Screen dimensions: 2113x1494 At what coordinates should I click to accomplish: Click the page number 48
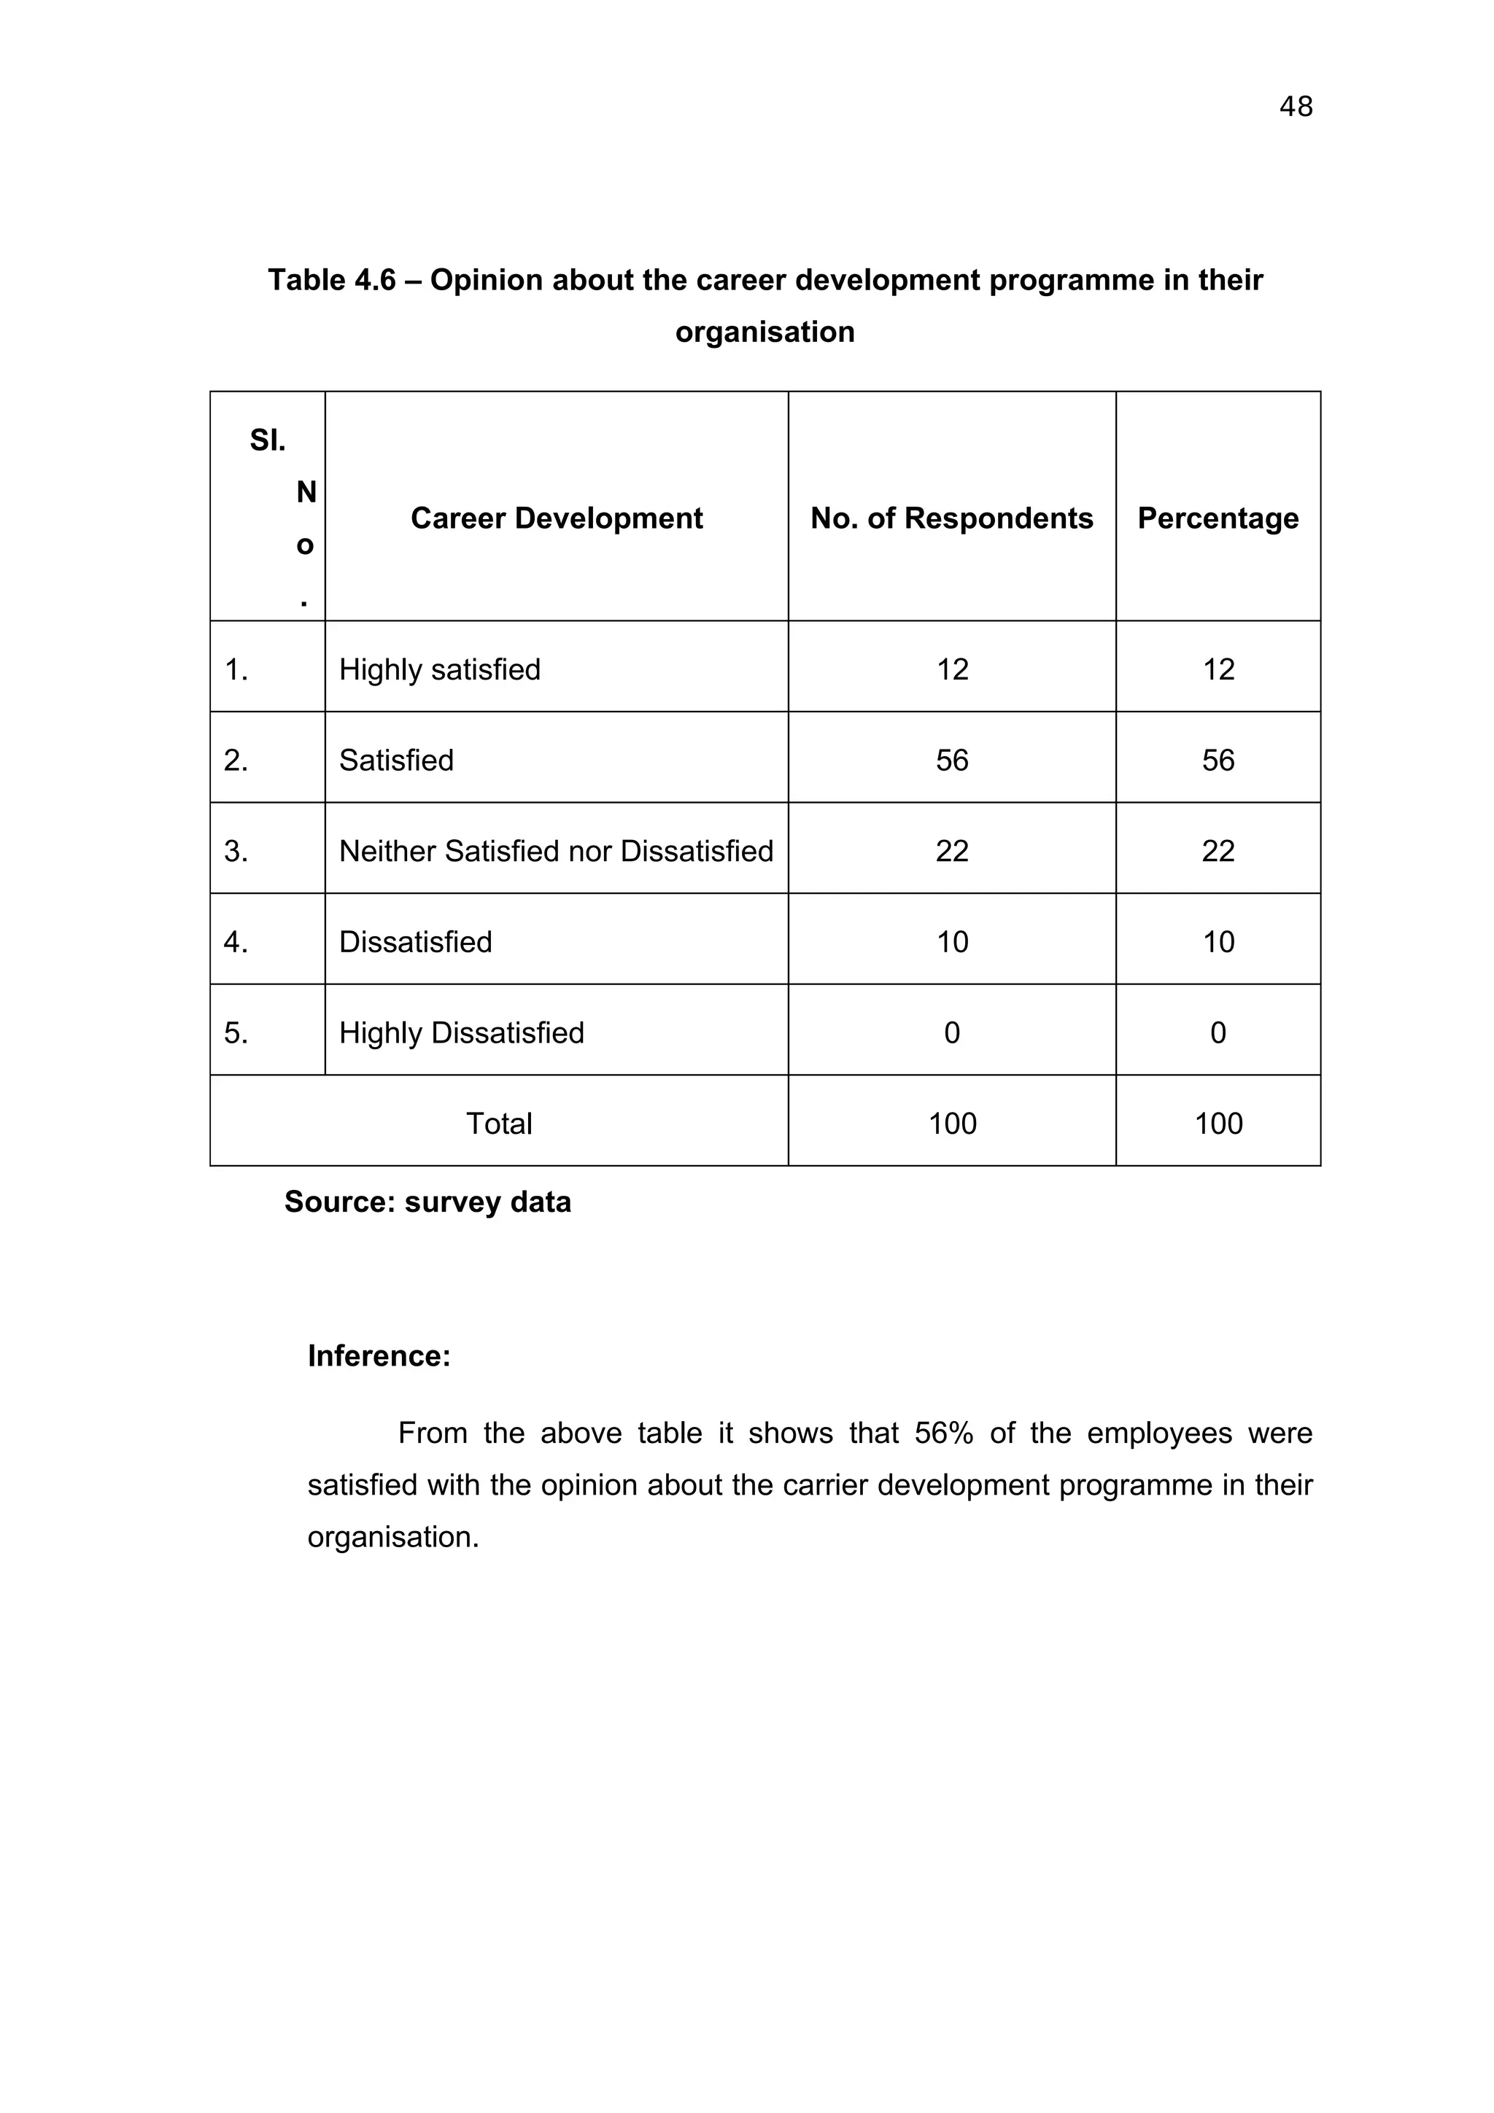coord(1295,106)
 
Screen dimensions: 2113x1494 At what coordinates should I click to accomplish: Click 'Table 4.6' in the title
coord(331,280)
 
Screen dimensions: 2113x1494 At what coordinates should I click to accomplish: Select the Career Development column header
coord(556,518)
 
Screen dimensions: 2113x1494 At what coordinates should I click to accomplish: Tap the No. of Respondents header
coord(951,518)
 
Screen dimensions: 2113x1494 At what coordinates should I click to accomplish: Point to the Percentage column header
coord(1217,518)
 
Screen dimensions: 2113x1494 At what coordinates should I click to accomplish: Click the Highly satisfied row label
coord(439,669)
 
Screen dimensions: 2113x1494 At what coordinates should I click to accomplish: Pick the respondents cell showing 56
coord(952,760)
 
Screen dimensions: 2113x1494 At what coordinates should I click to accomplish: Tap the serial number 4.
coord(236,942)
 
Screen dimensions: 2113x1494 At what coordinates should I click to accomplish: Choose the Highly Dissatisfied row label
coord(461,1032)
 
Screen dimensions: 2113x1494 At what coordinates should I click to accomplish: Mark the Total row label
coord(499,1124)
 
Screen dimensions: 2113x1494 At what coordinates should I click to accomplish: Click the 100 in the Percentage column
coord(1217,1124)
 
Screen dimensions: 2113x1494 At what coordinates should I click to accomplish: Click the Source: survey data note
coord(427,1202)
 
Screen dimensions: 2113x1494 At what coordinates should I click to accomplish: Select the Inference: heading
coord(379,1355)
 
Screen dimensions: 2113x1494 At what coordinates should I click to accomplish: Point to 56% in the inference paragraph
coord(943,1433)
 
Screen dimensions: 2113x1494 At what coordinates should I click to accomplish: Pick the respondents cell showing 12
coord(952,669)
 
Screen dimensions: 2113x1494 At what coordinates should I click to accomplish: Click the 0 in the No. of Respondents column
coord(952,1032)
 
